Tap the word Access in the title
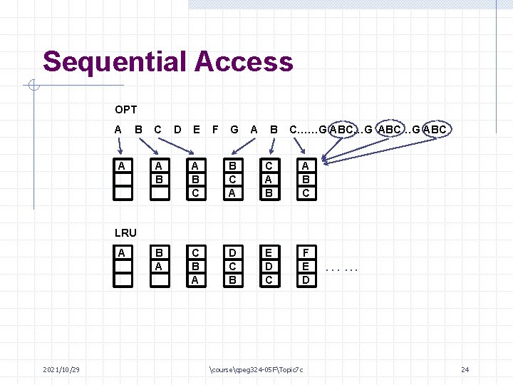[244, 62]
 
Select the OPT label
[125, 110]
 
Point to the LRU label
[125, 232]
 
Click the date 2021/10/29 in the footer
[61, 369]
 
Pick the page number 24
[465, 369]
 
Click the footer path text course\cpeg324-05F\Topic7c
[257, 369]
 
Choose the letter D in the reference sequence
[177, 130]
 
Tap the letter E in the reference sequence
[196, 130]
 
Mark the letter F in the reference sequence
[214, 130]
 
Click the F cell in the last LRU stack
[305, 253]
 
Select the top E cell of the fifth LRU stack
[269, 253]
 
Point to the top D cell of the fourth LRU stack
[232, 253]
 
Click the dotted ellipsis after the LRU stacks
[341, 269]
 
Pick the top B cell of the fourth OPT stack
[232, 167]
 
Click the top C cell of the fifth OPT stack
[269, 167]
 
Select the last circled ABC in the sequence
[434, 130]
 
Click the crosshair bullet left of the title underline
[33, 87]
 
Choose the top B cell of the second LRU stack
[160, 253]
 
